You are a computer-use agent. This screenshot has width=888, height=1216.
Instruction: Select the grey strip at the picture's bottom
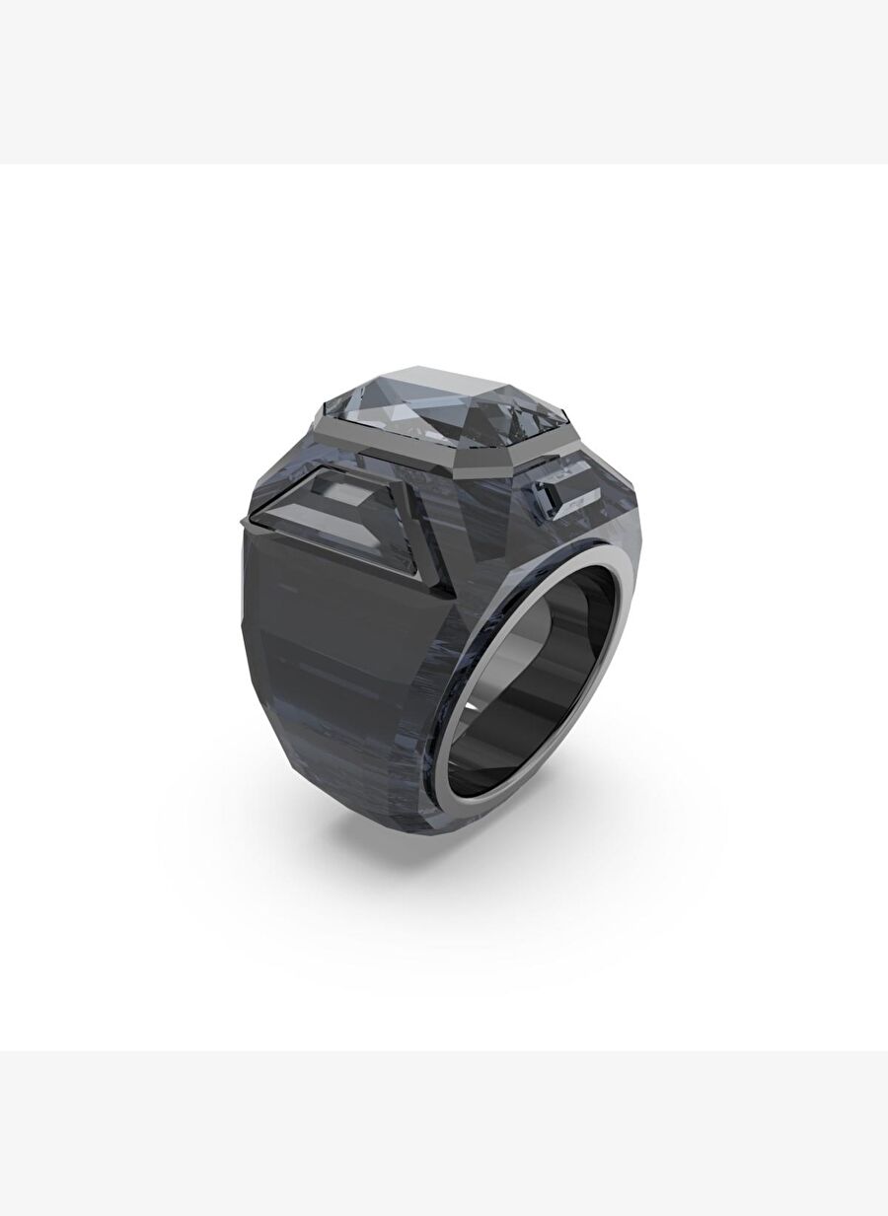point(444,1134)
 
